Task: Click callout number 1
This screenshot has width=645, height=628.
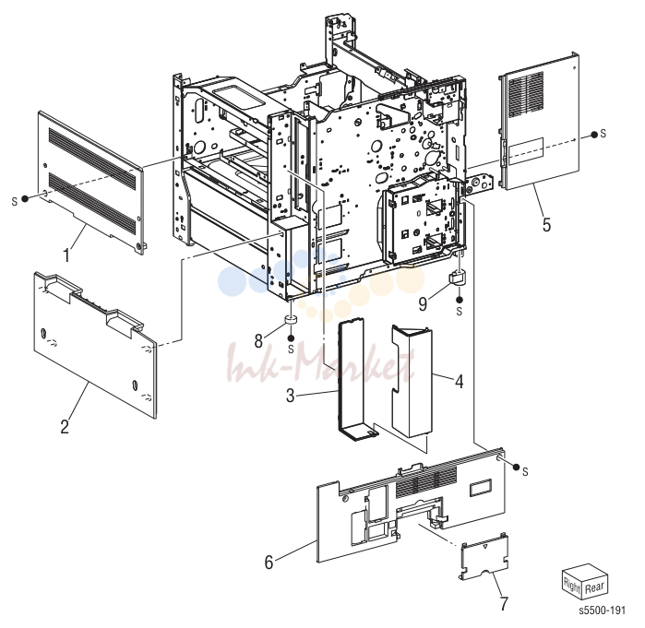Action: [x=66, y=255]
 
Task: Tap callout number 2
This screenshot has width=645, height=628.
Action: [x=65, y=426]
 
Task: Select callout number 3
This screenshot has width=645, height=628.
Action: [x=291, y=396]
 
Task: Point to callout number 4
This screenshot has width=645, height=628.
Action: [x=460, y=381]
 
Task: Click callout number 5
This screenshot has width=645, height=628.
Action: [x=546, y=225]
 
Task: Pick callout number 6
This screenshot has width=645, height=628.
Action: [x=269, y=563]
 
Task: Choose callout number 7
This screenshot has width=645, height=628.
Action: [x=504, y=603]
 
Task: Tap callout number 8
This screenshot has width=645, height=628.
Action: [x=258, y=340]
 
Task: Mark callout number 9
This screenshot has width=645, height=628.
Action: [x=423, y=303]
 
